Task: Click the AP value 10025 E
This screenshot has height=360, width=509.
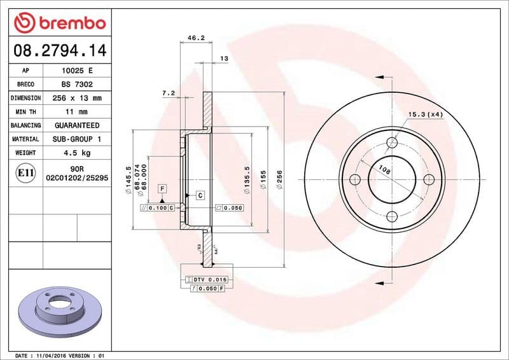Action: (x=76, y=71)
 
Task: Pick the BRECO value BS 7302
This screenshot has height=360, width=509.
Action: (x=76, y=85)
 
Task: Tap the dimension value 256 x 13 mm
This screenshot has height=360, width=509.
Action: (x=76, y=99)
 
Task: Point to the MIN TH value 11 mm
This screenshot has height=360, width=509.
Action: (x=76, y=112)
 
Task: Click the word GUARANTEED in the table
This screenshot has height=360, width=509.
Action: (x=76, y=125)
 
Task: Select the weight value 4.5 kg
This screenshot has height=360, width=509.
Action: (x=76, y=153)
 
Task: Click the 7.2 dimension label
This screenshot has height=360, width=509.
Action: (x=169, y=93)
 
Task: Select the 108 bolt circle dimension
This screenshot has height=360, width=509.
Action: (x=384, y=170)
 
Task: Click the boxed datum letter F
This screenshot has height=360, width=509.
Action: (x=163, y=189)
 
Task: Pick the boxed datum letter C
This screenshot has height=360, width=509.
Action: (x=200, y=195)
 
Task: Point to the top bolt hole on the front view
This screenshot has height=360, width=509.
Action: (x=392, y=142)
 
